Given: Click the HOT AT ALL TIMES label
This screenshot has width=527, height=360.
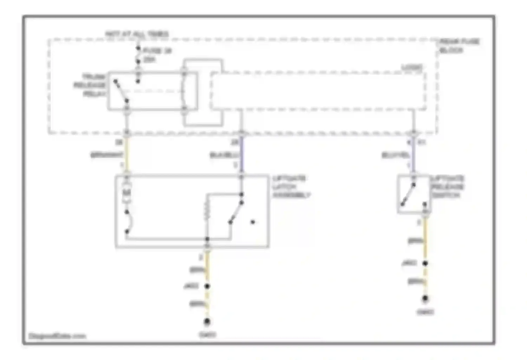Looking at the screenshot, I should click(137, 34).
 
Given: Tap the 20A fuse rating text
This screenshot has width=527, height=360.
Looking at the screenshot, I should click(149, 60).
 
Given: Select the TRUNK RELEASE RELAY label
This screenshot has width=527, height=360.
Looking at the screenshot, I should click(90, 85).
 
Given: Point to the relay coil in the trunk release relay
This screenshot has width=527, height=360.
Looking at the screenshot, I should click(183, 91).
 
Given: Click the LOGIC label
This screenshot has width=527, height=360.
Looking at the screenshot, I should click(412, 67).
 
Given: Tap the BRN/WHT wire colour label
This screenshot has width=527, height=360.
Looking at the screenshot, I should click(107, 155).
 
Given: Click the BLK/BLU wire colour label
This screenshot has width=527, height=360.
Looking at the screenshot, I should click(224, 155).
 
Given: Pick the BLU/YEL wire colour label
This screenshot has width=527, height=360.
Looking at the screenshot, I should click(396, 155).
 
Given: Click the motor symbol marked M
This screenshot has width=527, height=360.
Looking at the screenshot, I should click(126, 193).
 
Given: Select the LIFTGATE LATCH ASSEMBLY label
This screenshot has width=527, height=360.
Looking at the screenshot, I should click(291, 187).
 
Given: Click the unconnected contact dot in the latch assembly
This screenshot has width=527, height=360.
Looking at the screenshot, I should click(253, 222).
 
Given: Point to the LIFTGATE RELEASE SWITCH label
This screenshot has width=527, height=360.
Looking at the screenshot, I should click(447, 187).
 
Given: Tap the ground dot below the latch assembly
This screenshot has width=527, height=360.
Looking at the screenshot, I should click(207, 321).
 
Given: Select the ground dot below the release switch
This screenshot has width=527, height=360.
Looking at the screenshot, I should click(425, 298).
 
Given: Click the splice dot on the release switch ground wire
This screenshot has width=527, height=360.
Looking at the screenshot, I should click(425, 263).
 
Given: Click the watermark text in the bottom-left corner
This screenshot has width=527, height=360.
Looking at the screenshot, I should click(57, 336).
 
